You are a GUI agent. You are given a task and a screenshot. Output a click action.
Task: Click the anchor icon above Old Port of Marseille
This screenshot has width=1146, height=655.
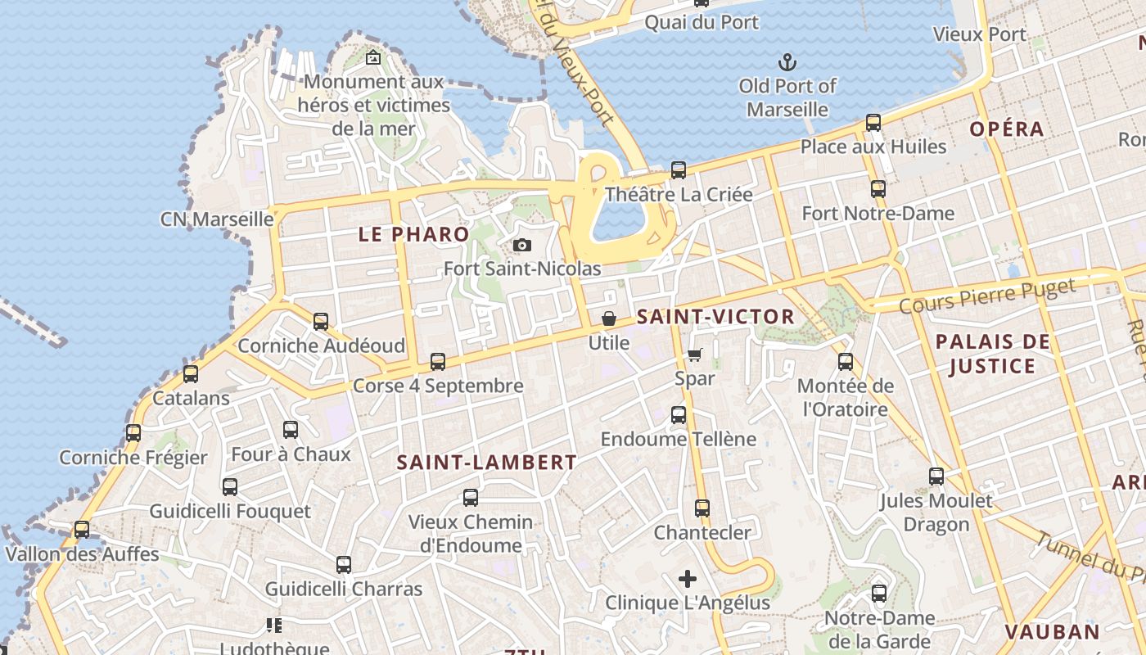coord(787,61)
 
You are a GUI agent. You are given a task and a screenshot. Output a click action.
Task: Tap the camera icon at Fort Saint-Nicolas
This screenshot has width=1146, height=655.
coord(521,245)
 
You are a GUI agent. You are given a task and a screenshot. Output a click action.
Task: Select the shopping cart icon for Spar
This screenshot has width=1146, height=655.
coord(694,355)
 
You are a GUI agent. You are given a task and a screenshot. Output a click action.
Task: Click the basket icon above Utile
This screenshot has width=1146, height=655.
coord(609,318)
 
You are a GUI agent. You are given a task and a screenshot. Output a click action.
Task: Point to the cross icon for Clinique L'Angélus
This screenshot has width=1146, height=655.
coord(688,579)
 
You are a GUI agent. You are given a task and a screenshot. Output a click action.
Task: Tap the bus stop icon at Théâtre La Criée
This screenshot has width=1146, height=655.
coord(679,170)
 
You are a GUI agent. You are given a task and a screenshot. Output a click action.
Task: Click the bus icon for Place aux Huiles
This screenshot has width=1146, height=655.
coord(873,124)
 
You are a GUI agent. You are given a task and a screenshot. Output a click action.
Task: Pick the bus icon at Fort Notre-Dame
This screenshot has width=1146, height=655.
coord(878,189)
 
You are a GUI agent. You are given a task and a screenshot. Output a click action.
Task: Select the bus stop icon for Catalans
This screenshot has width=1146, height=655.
coord(191,374)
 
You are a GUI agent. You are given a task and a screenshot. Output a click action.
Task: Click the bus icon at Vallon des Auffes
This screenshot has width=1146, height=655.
coord(82,530)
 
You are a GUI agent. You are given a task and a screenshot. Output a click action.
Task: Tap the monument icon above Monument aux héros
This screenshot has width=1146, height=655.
coord(373,57)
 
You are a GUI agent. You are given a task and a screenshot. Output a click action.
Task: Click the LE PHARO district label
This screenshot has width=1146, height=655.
coord(414,234)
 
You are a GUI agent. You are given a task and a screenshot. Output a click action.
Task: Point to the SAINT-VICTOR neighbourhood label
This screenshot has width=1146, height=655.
coord(715,317)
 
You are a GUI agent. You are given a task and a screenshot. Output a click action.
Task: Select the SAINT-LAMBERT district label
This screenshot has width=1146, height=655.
coord(487,463)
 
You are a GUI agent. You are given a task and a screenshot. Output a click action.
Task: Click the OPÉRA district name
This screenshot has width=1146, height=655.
coord(1007,129)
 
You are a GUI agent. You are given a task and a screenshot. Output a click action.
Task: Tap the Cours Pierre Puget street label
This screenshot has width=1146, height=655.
coord(986,296)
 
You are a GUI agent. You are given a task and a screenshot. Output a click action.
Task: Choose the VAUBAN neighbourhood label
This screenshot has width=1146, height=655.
coord(1052,632)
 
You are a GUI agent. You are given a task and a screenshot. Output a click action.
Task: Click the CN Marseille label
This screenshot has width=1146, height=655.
coord(217,219)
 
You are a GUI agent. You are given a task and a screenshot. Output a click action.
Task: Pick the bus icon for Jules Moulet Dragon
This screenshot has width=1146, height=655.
coord(936,477)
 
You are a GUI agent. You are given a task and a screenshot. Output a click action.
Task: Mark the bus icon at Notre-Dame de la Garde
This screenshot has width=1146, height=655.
coord(879,594)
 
